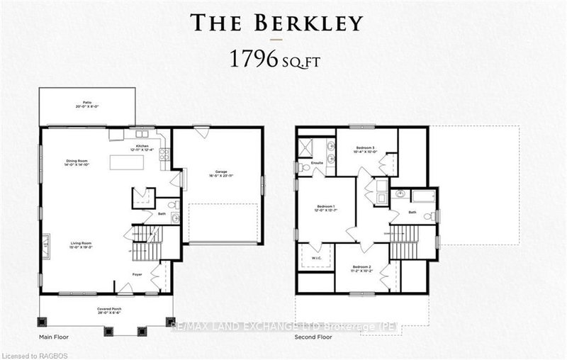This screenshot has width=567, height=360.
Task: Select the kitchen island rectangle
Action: pyautogui.click(x=126, y=162)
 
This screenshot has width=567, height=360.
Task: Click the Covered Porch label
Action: pyautogui.click(x=107, y=310)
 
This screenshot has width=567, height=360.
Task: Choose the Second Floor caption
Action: pyautogui.click(x=313, y=337)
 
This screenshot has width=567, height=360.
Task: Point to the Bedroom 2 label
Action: pyautogui.click(x=362, y=269)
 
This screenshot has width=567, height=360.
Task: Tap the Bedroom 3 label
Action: pyautogui.click(x=365, y=149)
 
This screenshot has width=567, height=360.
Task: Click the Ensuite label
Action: pyautogui.click(x=316, y=163)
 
